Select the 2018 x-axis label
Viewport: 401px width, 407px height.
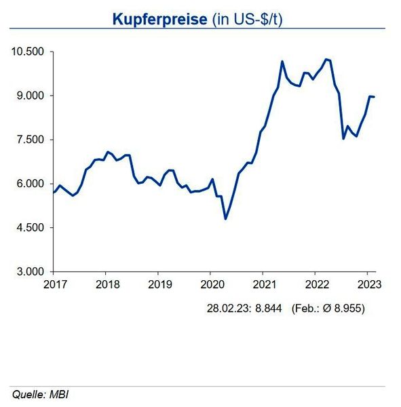pyautogui.click(x=105, y=284)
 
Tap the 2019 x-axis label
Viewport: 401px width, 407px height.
pyautogui.click(x=158, y=284)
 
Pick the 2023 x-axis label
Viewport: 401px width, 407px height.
pyautogui.click(x=368, y=284)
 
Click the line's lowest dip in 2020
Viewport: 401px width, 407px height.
pyautogui.click(x=225, y=218)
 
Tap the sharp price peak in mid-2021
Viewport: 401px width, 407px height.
pyautogui.click(x=282, y=62)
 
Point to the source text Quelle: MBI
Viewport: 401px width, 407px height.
pyautogui.click(x=40, y=393)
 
